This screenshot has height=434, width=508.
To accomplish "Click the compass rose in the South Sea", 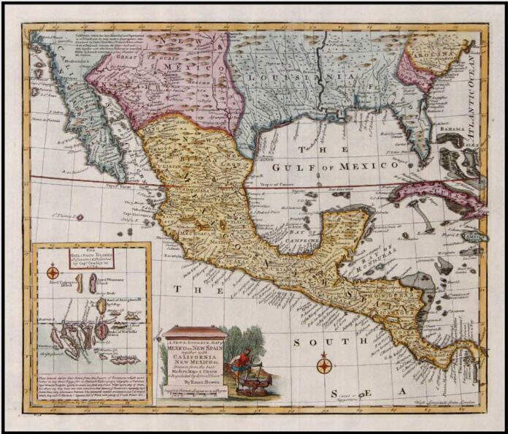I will click(325, 363).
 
